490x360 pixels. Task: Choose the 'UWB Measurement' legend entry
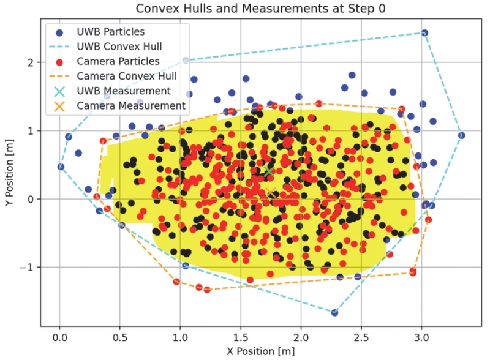pyautogui.click(x=123, y=91)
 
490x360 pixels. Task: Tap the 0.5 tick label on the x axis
pyautogui.click(x=121, y=336)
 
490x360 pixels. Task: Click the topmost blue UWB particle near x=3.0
pyautogui.click(x=424, y=33)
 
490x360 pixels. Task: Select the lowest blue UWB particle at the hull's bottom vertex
pyautogui.click(x=335, y=313)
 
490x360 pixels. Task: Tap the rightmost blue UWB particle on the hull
pyautogui.click(x=461, y=135)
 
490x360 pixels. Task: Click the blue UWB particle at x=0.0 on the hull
pyautogui.click(x=61, y=167)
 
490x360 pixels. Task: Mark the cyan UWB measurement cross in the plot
pyautogui.click(x=268, y=172)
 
